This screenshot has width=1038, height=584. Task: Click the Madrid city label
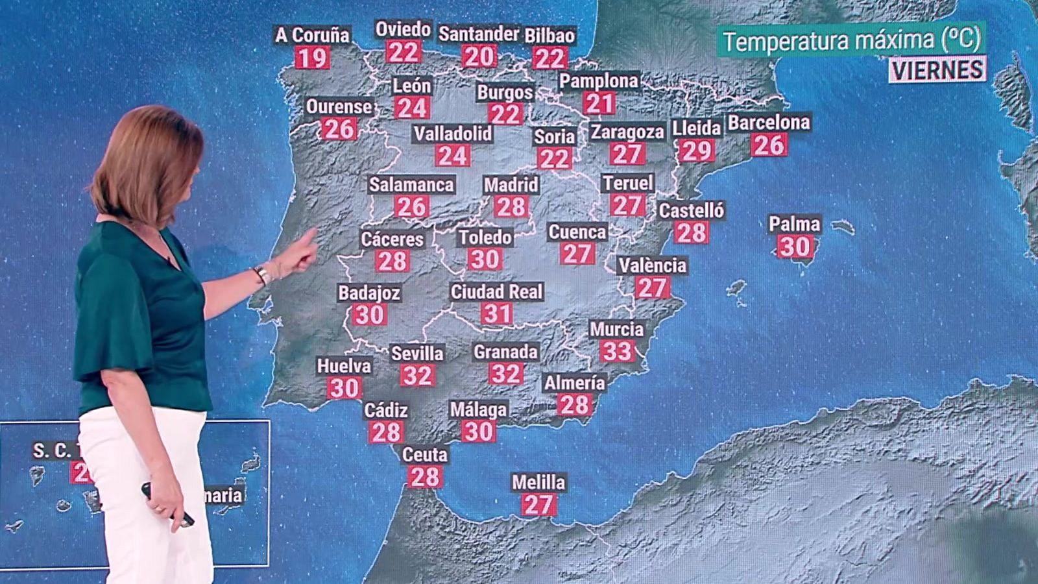[x=511, y=185]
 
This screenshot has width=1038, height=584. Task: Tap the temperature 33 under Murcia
[x=617, y=351]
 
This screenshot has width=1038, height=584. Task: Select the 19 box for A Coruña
[x=312, y=58]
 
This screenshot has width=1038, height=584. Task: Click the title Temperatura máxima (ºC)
[x=851, y=41]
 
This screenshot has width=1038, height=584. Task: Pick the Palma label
[x=795, y=225]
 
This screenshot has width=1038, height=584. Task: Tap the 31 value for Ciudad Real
[x=497, y=314]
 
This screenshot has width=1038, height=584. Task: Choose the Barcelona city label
[x=769, y=123]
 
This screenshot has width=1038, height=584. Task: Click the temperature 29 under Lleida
[x=697, y=151]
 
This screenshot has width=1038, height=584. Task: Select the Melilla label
[x=538, y=483]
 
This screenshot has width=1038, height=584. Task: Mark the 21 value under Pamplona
[x=599, y=103]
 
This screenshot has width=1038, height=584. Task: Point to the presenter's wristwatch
[x=261, y=274]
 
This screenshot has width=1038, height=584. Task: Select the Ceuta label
[x=425, y=455]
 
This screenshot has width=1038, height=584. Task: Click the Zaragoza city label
[x=627, y=132]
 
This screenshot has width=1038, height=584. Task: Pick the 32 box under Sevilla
[x=417, y=375]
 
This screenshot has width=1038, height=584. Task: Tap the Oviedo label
[x=403, y=30]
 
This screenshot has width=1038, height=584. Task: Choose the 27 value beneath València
[x=652, y=287]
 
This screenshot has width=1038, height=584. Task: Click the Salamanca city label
[x=411, y=185]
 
